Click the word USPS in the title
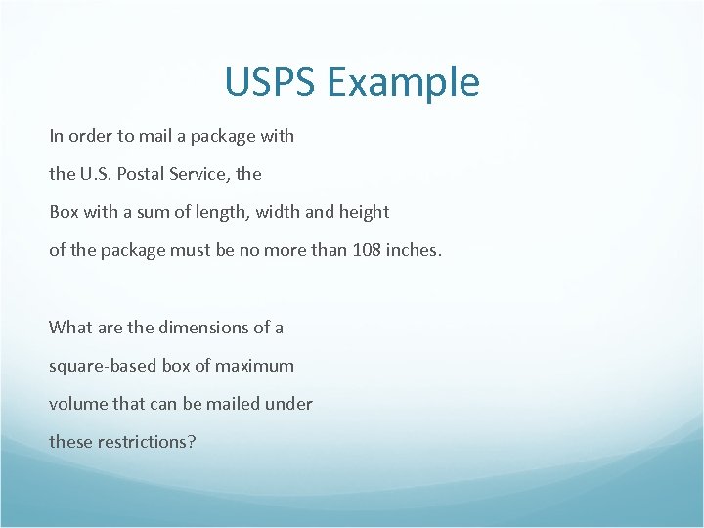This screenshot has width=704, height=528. click(271, 82)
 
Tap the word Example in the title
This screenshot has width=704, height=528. click(404, 84)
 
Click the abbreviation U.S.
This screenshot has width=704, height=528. click(94, 174)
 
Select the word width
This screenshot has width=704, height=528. click(277, 212)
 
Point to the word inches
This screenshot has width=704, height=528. click(414, 250)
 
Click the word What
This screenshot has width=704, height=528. click(70, 328)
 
